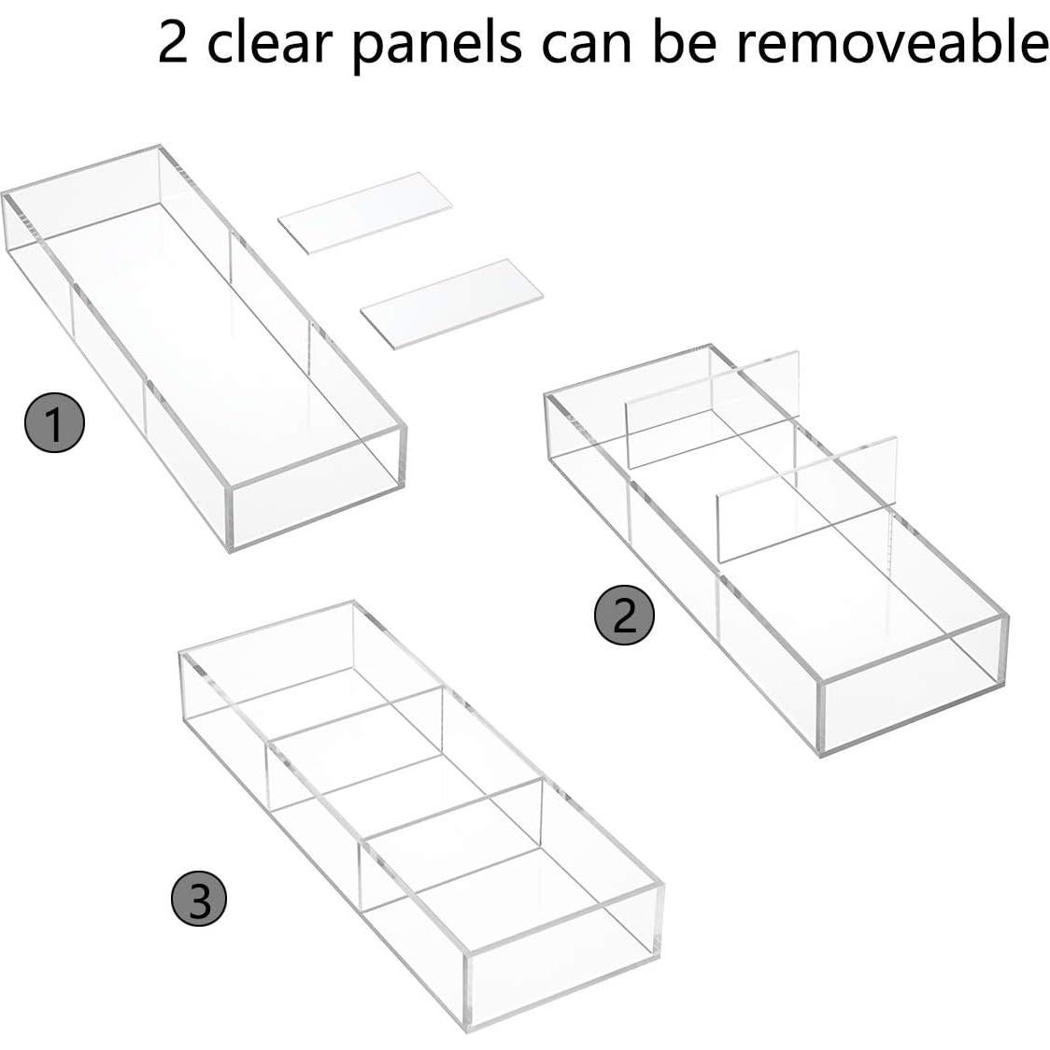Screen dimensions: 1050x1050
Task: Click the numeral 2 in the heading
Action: click(173, 43)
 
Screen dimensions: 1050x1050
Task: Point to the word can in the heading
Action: click(586, 47)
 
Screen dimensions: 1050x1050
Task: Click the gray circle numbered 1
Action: click(54, 422)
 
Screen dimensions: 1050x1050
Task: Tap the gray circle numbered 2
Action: click(624, 615)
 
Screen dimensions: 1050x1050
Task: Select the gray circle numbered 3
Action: click(199, 898)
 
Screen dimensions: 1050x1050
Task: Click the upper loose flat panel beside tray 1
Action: click(365, 213)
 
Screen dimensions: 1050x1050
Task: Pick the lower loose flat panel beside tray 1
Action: click(451, 304)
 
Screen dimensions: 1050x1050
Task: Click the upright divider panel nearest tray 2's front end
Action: click(807, 499)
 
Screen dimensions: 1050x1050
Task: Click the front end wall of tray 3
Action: click(562, 957)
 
